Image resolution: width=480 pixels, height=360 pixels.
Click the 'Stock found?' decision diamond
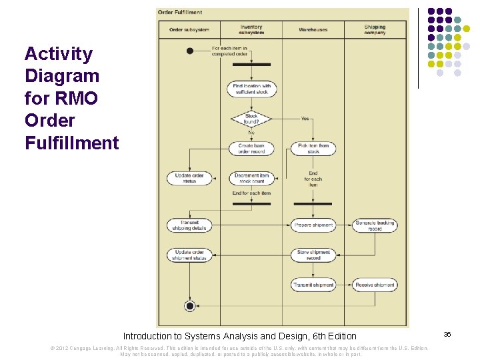251,119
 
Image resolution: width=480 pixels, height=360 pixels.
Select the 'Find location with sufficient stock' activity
251,89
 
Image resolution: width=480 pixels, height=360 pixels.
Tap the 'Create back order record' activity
251,148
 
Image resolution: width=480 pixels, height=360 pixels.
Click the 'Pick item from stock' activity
313,148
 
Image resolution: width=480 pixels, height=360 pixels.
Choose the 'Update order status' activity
189,178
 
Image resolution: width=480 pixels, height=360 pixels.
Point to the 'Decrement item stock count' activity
251,178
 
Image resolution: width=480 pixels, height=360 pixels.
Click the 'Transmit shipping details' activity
189,225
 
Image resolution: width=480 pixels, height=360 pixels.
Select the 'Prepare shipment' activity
313,225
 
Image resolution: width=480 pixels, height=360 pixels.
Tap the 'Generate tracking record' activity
375,225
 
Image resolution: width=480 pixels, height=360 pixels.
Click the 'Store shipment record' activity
313,255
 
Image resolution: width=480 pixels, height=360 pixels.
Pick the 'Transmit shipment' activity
313,285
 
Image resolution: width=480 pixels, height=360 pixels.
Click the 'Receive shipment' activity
375,285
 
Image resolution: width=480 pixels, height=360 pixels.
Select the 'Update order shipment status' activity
189,255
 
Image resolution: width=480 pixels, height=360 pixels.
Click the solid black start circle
190,51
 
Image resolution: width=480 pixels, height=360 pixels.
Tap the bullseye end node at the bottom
190,306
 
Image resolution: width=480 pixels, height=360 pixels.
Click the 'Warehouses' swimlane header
313,30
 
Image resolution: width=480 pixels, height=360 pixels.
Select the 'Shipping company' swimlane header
375,30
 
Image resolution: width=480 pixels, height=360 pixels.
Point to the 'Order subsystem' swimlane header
189,30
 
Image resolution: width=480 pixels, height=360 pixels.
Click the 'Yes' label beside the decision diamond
305,119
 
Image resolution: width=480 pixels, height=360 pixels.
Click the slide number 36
447,334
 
